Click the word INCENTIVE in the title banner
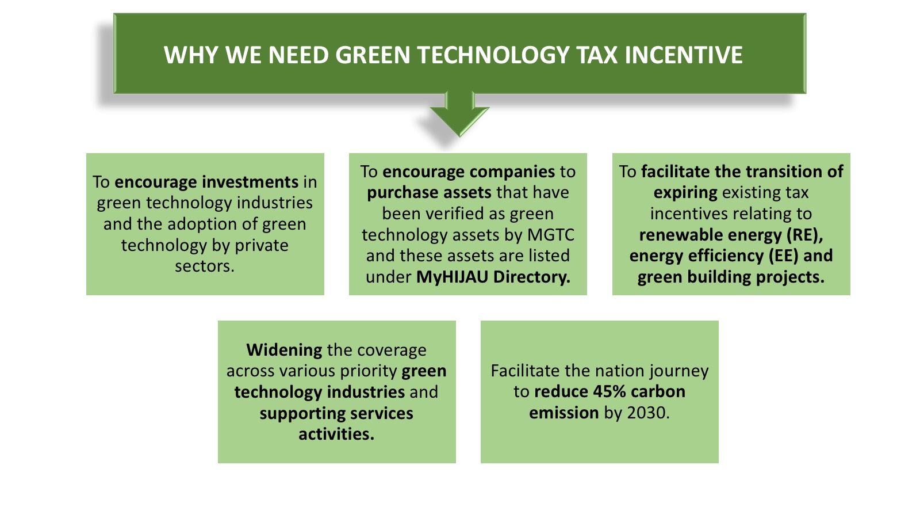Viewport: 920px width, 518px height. (x=684, y=55)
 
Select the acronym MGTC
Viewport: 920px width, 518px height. (x=551, y=235)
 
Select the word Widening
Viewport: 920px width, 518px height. (x=284, y=351)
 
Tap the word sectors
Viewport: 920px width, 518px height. (x=205, y=266)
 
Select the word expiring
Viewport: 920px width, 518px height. (x=685, y=193)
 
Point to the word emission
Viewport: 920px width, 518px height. (x=564, y=413)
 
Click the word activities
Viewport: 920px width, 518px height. (x=336, y=434)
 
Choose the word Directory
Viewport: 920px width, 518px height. (x=532, y=277)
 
